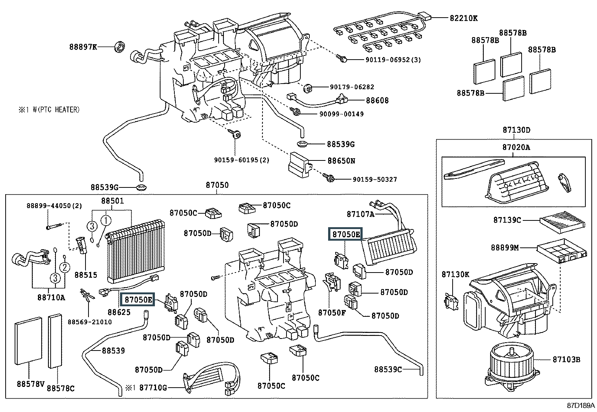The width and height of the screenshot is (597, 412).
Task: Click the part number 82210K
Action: tap(464, 18)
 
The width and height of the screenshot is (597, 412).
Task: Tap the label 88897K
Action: tap(83, 47)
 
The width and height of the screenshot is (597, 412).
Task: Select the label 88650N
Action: tap(341, 161)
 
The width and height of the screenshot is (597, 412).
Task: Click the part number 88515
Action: tap(85, 275)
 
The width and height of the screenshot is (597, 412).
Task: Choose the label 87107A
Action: tap(360, 214)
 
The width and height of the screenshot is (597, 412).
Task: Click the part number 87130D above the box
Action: tap(516, 130)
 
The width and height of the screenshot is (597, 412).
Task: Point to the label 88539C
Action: tap(388, 369)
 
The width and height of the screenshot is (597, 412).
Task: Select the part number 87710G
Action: tap(153, 387)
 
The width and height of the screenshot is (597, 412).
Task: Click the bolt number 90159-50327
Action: tap(375, 180)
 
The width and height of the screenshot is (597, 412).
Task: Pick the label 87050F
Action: tap(332, 312)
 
